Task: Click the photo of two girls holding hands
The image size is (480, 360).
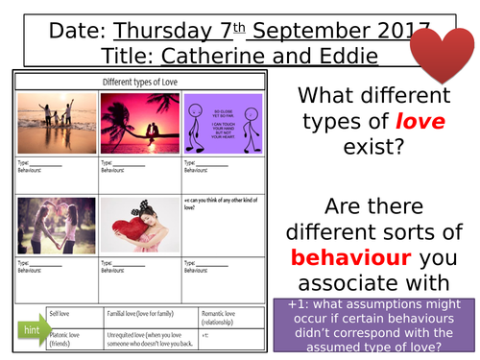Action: coord(56,225)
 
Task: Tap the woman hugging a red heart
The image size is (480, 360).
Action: coord(139,225)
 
